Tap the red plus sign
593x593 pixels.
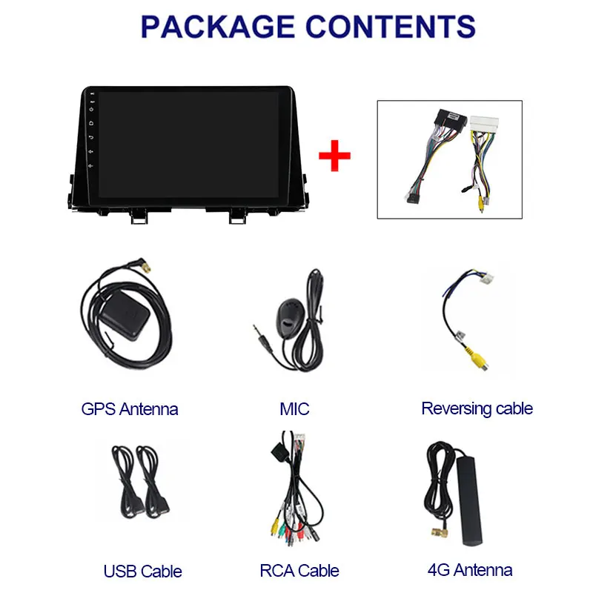[334, 156]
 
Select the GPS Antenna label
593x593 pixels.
[130, 408]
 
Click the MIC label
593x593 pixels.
[294, 408]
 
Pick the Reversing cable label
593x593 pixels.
[477, 408]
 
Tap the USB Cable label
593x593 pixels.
[143, 571]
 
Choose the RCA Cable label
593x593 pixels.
[299, 571]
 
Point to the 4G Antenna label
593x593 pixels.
[470, 570]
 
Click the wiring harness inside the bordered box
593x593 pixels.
[449, 159]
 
